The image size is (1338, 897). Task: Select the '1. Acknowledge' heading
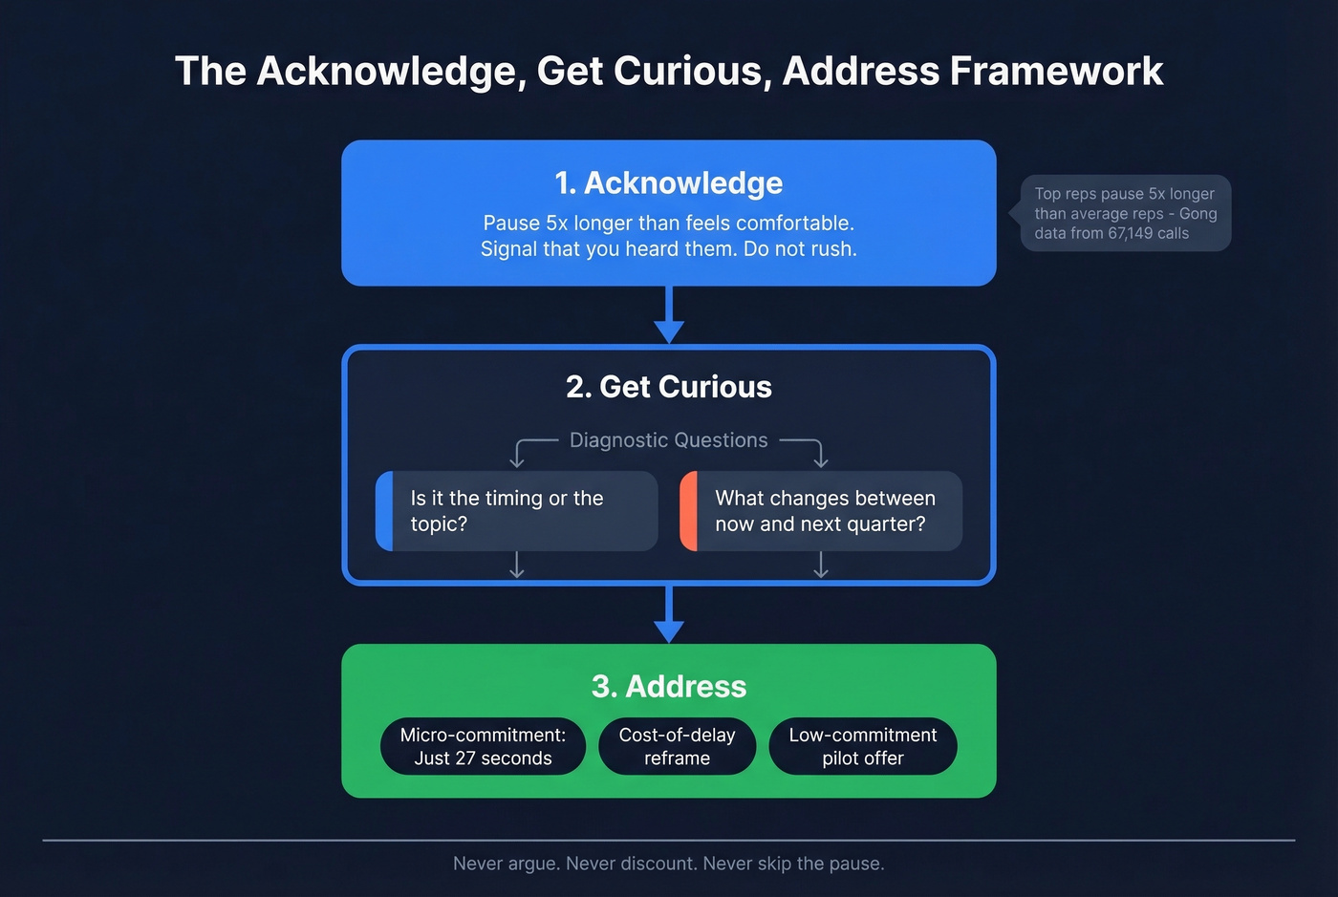[668, 182]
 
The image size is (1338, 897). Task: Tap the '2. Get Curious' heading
[668, 387]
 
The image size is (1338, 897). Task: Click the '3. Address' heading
[668, 686]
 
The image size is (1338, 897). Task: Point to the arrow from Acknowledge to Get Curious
[668, 315]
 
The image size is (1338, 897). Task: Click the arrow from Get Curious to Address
[668, 615]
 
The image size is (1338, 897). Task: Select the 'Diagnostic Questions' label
[668, 440]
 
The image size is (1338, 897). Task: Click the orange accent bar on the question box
[688, 511]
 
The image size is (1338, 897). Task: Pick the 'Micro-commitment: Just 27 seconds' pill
[483, 746]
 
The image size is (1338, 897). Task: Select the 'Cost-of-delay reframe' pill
[677, 746]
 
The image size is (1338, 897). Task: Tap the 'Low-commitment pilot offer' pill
[862, 746]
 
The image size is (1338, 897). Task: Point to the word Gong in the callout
[1198, 213]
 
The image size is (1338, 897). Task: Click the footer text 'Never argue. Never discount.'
[575, 864]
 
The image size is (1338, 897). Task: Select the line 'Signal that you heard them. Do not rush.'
[668, 249]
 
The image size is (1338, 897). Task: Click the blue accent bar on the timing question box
[384, 511]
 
